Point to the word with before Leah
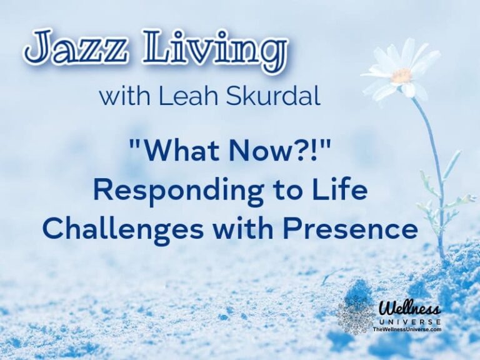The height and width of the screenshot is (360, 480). pyautogui.click(x=129, y=97)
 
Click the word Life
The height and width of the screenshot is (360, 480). pyautogui.click(x=341, y=191)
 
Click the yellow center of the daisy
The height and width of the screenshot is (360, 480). pyautogui.click(x=401, y=76)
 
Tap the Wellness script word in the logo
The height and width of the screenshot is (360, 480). pyautogui.click(x=410, y=308)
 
